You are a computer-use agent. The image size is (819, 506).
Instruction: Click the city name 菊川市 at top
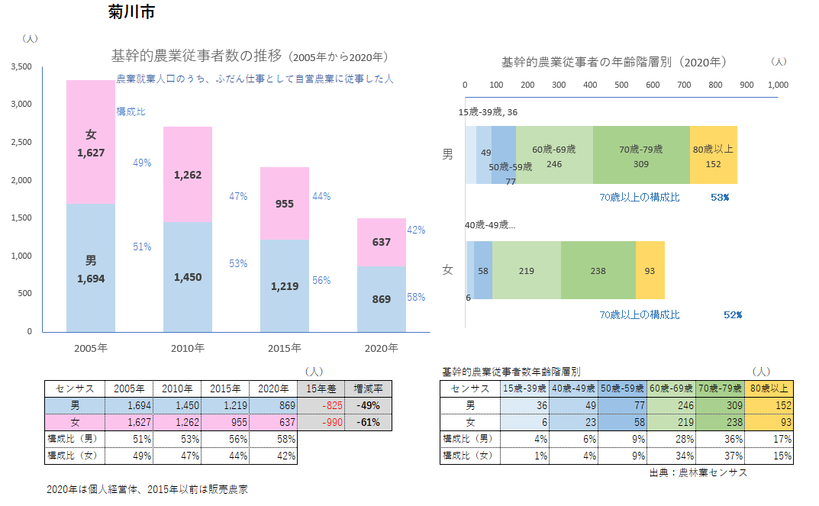tap(133, 13)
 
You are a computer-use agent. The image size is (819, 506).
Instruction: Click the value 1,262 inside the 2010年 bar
tap(188, 175)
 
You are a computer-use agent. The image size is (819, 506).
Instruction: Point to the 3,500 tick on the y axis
tap(21, 67)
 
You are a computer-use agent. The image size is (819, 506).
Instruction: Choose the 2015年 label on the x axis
tap(284, 349)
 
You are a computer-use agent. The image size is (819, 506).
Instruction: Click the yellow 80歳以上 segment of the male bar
tap(714, 155)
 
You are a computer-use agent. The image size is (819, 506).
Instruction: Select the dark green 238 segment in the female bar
tap(598, 270)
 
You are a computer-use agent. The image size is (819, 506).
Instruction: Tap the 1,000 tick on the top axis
tap(777, 85)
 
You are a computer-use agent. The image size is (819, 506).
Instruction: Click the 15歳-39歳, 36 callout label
tap(488, 112)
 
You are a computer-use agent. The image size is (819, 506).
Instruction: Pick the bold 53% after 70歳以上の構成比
tap(720, 197)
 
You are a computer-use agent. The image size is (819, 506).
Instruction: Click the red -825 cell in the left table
tap(321, 405)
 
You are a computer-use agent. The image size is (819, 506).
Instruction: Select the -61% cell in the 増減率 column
tap(369, 422)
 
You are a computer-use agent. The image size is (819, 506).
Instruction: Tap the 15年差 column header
tap(321, 388)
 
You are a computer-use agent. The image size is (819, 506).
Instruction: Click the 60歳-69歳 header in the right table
tap(672, 388)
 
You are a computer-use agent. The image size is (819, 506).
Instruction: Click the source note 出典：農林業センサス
tap(698, 472)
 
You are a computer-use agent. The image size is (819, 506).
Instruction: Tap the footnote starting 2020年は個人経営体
tap(147, 489)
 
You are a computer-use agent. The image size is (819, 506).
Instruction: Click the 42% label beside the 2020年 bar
tap(416, 230)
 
